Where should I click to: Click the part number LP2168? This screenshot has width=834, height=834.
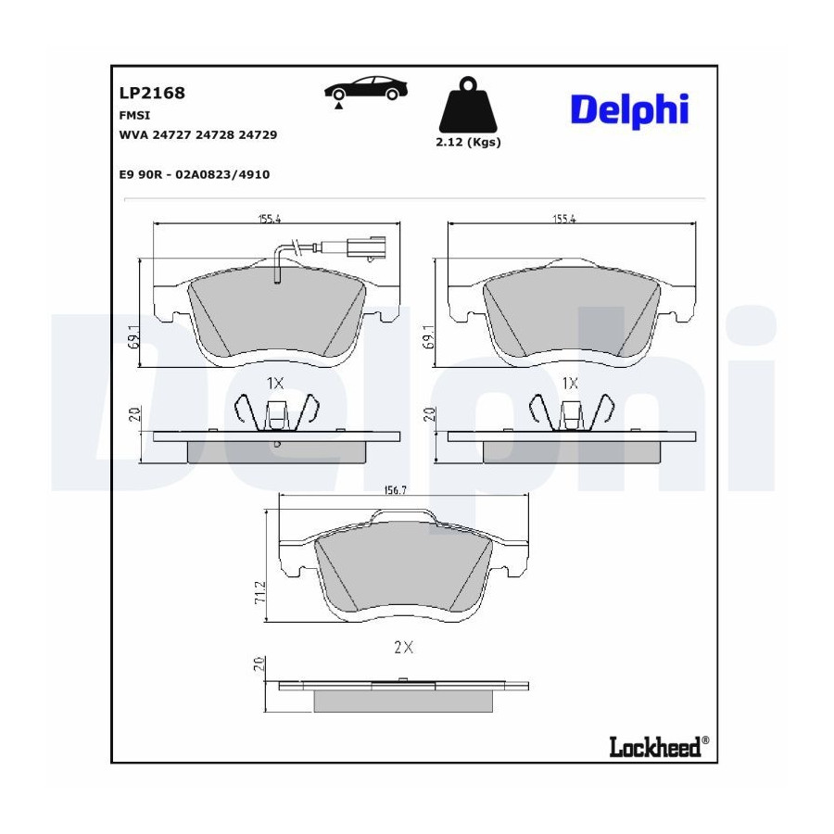[152, 93]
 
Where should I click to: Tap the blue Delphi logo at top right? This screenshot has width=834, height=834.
[629, 110]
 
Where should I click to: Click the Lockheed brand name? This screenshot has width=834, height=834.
[655, 747]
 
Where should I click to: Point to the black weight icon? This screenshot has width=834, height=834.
[468, 105]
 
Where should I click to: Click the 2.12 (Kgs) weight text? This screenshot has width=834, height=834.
[468, 142]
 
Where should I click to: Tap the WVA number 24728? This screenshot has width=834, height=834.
[214, 135]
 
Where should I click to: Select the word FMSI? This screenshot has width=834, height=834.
[134, 116]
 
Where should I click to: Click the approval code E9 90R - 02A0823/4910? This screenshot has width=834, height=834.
[195, 174]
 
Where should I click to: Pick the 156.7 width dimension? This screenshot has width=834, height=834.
[395, 491]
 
